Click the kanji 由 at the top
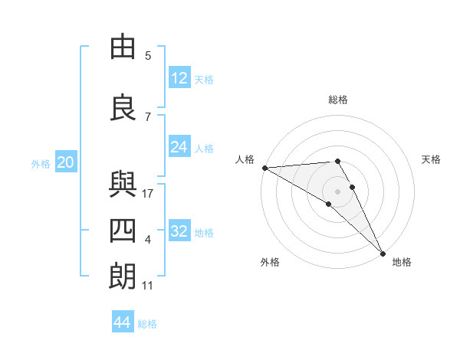pos(123,47)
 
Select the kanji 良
pos(123,108)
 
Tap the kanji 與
pos(123,185)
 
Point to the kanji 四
pos(123,231)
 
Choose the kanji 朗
pos(123,277)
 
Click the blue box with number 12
pos(179,77)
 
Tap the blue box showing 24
pos(179,146)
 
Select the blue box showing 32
pos(179,231)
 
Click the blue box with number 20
pos(66,162)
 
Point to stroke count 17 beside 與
pos(149,194)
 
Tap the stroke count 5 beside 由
pos(148,56)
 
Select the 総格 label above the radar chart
pos(338,100)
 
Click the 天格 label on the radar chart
pos(432,159)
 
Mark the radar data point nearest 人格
pos(264,168)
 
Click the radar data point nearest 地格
pos(383,252)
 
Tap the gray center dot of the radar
pos(337,190)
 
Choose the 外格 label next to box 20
pos(41,163)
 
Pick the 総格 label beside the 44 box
pos(147,324)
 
